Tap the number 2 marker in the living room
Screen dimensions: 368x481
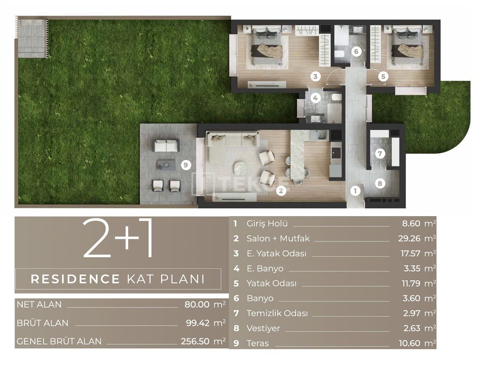pos(280,191)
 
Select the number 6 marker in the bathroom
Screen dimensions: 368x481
pos(356,51)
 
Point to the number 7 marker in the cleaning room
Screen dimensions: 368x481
pos(380,153)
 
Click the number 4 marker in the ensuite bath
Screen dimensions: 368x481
pos(315,98)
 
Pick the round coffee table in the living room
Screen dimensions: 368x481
pos(240,168)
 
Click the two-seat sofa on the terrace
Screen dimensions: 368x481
pos(166,145)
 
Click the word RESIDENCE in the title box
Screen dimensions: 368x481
pos(75,279)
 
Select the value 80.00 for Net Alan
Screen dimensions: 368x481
pos(197,304)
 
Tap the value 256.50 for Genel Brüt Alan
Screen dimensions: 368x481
pos(195,341)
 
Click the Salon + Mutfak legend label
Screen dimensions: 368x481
pos(278,239)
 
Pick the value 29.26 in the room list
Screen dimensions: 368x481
pos(409,239)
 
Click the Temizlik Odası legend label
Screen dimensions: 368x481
pos(277,313)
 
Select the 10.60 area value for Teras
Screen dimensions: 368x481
pos(409,343)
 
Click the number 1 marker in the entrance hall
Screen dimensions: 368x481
pos(355,191)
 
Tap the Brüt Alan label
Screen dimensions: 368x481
pos(42,323)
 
